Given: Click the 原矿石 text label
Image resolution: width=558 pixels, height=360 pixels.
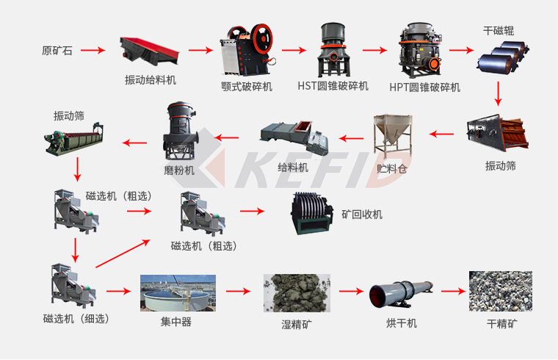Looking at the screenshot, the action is [57, 51].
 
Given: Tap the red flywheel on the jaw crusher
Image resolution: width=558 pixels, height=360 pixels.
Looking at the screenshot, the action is [262, 39].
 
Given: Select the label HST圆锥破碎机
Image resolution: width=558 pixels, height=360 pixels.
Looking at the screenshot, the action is [333, 86].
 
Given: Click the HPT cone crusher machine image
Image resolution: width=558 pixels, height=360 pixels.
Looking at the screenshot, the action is [420, 50].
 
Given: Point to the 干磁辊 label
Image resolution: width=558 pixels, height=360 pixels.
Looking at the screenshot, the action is [499, 31].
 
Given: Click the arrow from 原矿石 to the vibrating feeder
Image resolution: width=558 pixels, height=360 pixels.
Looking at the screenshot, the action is [93, 50].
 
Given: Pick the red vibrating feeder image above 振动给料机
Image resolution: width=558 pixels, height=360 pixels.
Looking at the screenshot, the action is [150, 51].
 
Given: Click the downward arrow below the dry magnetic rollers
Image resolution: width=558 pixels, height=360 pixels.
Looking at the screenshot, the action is [499, 94].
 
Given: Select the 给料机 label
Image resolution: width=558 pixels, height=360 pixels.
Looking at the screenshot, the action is [293, 168].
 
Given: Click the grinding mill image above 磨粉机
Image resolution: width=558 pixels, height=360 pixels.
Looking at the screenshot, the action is [181, 131].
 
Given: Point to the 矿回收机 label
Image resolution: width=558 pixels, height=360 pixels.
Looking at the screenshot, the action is [362, 215].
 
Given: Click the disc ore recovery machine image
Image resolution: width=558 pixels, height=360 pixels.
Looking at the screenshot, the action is [312, 214].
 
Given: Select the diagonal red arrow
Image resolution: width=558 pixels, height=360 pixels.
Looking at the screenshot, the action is [123, 253].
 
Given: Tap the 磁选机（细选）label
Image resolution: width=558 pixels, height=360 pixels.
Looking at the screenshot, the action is [76, 318].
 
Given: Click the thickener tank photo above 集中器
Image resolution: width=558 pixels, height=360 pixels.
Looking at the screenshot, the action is [178, 293].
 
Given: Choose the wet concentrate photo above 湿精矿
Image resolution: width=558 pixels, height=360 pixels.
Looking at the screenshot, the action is [297, 293].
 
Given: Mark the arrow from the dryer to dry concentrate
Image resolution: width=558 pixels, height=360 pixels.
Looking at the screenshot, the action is [454, 292].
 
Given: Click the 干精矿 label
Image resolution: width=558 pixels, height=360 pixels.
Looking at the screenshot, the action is [501, 324].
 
